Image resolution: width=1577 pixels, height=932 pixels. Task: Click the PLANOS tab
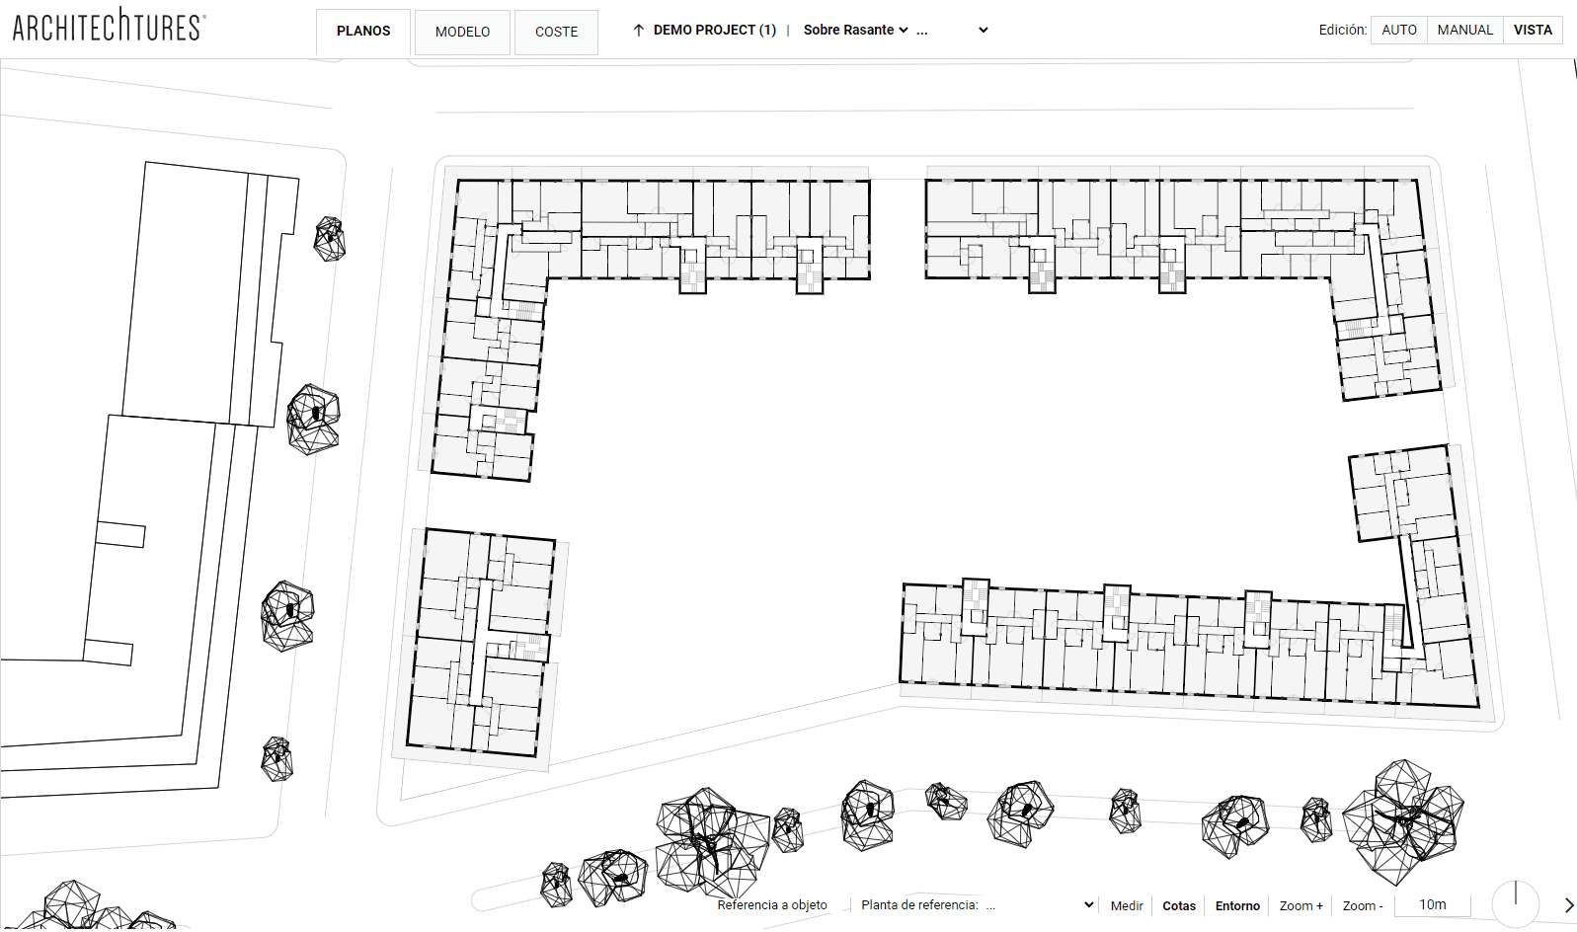363,32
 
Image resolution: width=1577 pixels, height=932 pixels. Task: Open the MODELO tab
462,32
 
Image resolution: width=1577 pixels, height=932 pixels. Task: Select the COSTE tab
556,32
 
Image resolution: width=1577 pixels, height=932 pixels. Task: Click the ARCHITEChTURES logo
110,26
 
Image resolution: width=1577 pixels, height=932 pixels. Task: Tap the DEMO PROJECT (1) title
715,31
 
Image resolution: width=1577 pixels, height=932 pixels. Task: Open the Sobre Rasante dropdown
855,31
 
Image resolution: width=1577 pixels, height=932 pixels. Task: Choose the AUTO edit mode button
1399,31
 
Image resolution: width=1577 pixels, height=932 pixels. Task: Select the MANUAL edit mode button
1465,31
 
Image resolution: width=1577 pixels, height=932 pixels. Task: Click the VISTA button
1533,31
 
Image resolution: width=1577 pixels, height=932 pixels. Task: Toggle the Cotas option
1178,906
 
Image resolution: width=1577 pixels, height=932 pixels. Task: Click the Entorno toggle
1237,906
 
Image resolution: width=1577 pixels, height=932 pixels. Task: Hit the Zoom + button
1301,906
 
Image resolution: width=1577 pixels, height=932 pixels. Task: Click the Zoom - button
1363,906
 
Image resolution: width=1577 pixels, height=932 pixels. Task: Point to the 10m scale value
1433,904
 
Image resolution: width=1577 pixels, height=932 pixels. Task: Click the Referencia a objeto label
772,905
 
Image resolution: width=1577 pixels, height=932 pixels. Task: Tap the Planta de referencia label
919,905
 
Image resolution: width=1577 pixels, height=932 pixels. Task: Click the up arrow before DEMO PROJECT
639,31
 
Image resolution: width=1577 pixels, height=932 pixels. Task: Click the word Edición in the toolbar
1343,31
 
